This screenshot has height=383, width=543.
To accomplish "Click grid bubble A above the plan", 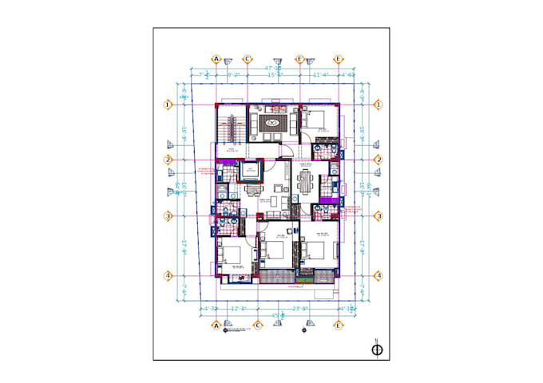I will tap(216, 59).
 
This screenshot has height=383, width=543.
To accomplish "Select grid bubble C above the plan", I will tap(248, 59).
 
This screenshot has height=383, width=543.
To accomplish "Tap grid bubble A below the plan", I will tap(216, 326).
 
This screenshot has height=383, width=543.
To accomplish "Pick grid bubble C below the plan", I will tap(258, 326).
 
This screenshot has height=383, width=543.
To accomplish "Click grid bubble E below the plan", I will tap(339, 326).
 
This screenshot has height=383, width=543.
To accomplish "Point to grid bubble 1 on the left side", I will tap(168, 105).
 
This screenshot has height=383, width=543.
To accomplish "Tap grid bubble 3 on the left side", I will tap(168, 215).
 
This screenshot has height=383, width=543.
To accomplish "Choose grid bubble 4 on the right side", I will tap(378, 276).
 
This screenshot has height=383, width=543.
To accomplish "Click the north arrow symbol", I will tap(376, 348).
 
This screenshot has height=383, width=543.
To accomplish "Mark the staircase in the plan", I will tap(232, 128).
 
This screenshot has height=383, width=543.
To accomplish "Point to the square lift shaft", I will tap(251, 171).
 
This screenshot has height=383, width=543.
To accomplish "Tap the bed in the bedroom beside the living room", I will tap(317, 121).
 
